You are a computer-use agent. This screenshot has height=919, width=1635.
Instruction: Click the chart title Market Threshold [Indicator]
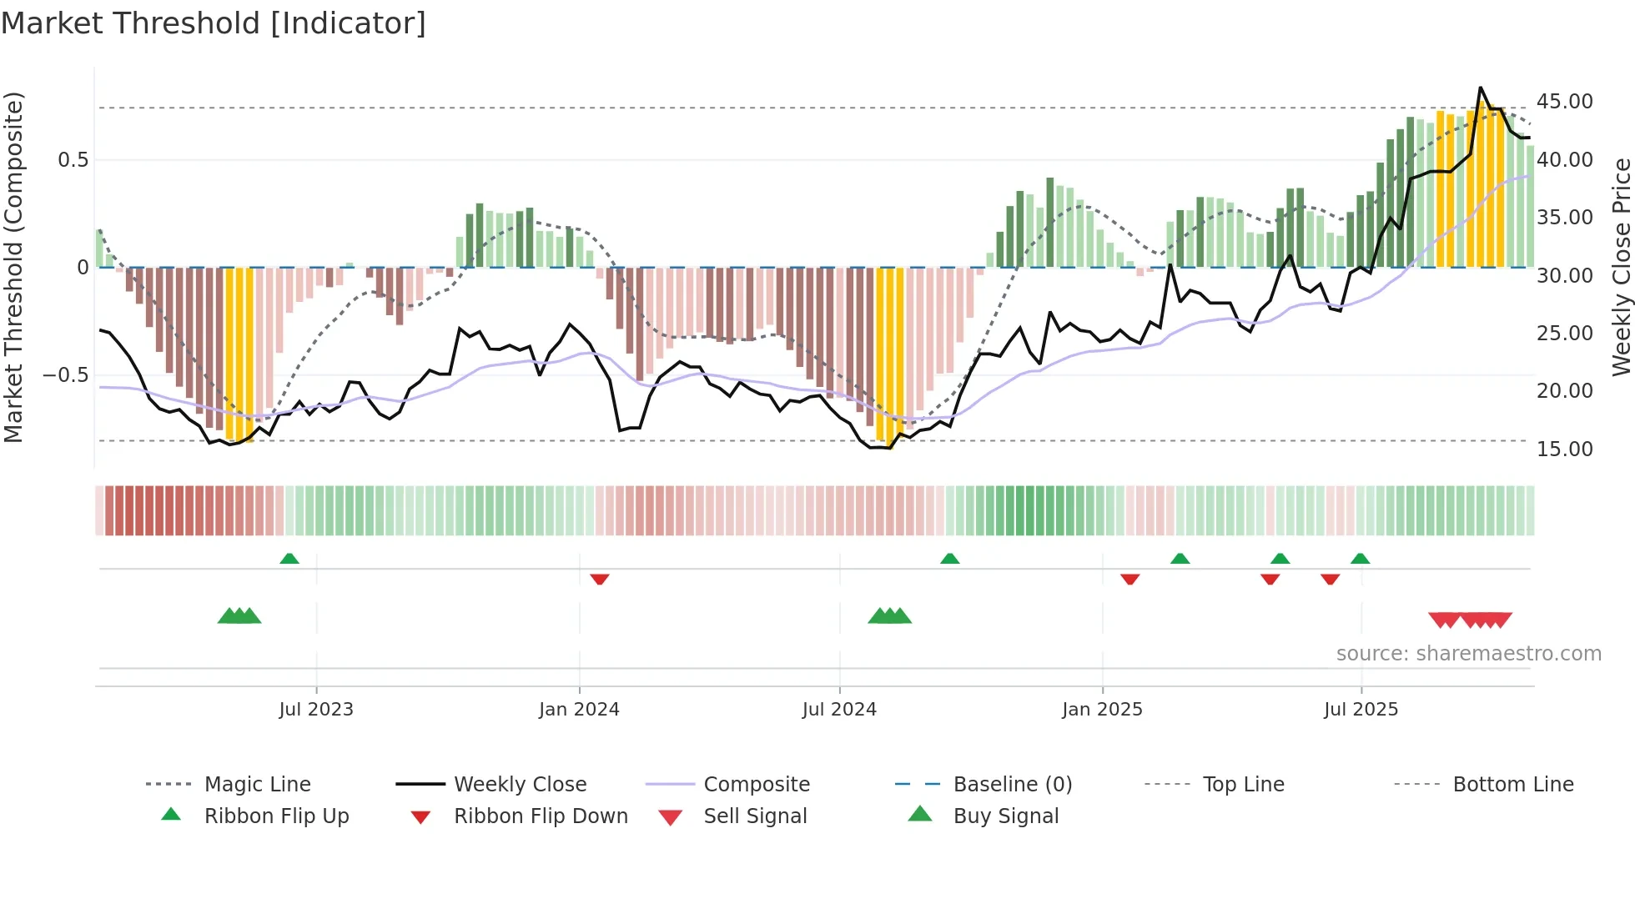coord(214,23)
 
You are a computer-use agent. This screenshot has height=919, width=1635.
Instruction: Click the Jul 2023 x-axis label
coord(316,709)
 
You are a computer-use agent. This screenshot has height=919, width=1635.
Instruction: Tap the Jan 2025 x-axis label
coord(1102,709)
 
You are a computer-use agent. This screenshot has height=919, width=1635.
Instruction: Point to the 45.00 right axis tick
coord(1564,102)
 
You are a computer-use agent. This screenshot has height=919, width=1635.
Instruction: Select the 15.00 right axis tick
coord(1564,449)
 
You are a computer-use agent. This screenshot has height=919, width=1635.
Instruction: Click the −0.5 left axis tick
coord(65,375)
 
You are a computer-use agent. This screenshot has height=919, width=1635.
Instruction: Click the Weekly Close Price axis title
coord(1621,267)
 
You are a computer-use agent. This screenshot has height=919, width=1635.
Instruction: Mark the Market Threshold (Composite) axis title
coord(13,267)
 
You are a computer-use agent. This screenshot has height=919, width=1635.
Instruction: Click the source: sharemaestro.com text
coord(1468,653)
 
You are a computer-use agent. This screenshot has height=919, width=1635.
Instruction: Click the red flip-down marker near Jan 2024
coord(599,579)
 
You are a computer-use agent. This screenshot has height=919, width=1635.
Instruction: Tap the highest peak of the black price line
coord(1481,88)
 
